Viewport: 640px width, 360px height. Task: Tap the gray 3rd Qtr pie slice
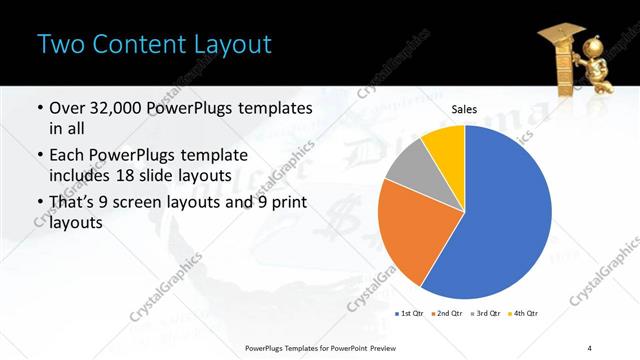[x=406, y=180]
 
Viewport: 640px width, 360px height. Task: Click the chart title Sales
[x=464, y=109]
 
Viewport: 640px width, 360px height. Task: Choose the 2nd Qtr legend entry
[x=447, y=313]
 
